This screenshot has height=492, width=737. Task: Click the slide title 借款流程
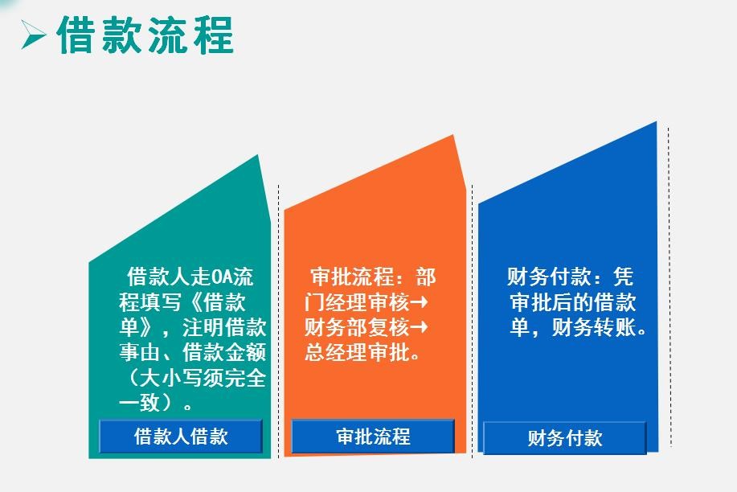pyautogui.click(x=145, y=35)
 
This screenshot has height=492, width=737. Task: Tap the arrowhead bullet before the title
pyautogui.click(x=33, y=35)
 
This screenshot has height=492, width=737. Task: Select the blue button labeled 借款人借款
pyautogui.click(x=181, y=436)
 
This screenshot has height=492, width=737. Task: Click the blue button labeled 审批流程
pyautogui.click(x=373, y=436)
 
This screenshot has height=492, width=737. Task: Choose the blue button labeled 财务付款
pyautogui.click(x=565, y=438)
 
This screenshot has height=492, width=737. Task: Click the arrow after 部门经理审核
pyautogui.click(x=419, y=301)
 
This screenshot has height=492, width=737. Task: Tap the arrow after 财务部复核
pyautogui.click(x=419, y=326)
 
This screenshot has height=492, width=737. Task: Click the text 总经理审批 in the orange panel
pyautogui.click(x=357, y=352)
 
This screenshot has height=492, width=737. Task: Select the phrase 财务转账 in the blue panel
pyautogui.click(x=594, y=327)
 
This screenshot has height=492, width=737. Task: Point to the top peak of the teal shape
pyautogui.click(x=258, y=154)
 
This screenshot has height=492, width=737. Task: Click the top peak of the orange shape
pyautogui.click(x=453, y=135)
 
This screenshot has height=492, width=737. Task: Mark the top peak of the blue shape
pyautogui.click(x=656, y=122)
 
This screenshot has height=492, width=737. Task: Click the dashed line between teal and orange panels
pyautogui.click(x=279, y=321)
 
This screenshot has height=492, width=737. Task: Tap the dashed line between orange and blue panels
pyautogui.click(x=472, y=321)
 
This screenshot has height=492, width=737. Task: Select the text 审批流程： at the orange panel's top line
pyautogui.click(x=362, y=277)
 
